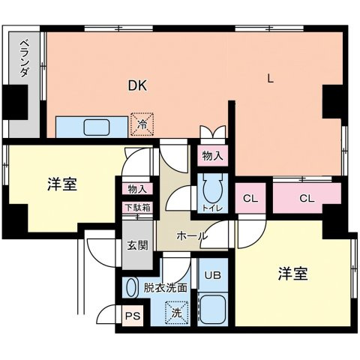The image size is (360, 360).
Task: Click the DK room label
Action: (x=136, y=85)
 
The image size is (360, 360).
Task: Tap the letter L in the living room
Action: (x=272, y=77)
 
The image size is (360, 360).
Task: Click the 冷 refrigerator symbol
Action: (x=142, y=124)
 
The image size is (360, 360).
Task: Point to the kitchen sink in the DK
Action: (x=95, y=127)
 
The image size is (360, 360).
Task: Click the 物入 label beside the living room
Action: (x=211, y=157)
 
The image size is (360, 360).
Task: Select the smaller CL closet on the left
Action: (x=250, y=199)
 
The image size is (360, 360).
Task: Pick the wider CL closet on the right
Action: (x=306, y=199)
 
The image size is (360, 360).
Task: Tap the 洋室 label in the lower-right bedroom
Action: (x=292, y=274)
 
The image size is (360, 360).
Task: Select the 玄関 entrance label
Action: (x=137, y=244)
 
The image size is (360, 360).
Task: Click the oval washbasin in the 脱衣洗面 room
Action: (x=131, y=288)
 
